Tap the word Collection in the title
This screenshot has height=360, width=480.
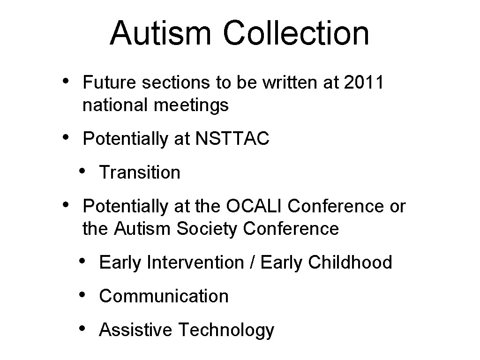296,33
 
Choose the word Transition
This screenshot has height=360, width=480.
140,172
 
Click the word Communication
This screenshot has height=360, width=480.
164,296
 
